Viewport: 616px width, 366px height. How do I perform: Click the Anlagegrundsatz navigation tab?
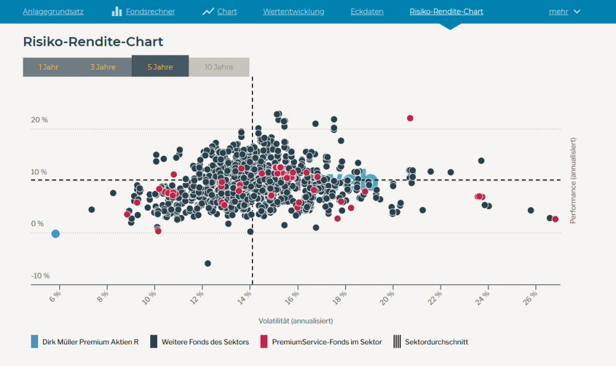(x=53, y=12)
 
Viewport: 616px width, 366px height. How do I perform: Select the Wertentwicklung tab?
(x=293, y=12)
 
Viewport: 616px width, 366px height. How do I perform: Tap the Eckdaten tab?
(x=367, y=12)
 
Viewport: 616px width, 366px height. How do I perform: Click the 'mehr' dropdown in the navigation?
(x=564, y=12)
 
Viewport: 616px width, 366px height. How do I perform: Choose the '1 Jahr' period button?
(x=49, y=67)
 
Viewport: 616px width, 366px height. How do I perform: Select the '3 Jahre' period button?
(x=103, y=67)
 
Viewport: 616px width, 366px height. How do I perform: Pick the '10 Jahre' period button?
(x=219, y=67)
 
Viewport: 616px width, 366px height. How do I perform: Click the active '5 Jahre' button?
(x=160, y=67)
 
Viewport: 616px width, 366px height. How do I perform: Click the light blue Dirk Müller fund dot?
(x=55, y=234)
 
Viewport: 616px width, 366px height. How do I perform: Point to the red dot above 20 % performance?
(x=410, y=118)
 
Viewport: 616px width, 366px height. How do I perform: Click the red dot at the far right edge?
(x=555, y=219)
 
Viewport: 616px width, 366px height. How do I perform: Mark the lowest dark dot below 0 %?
(x=208, y=263)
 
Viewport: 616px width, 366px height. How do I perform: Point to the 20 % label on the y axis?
(x=39, y=120)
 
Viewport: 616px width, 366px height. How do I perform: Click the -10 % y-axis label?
(x=40, y=275)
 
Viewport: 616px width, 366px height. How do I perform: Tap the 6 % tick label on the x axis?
(x=55, y=296)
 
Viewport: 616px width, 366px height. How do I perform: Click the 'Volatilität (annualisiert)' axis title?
(x=296, y=321)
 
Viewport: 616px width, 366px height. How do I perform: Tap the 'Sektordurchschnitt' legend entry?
(x=436, y=342)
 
